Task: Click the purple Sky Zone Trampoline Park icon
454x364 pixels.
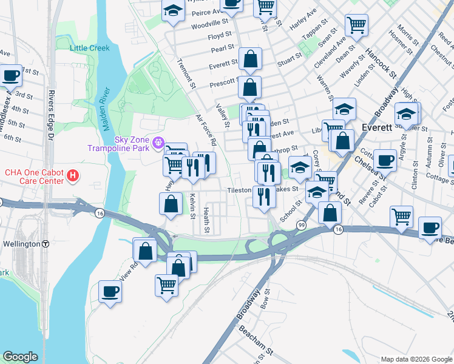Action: click(x=159, y=143)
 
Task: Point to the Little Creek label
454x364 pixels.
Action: click(x=90, y=48)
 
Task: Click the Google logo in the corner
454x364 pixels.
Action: click(x=20, y=357)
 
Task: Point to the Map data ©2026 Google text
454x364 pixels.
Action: click(x=416, y=359)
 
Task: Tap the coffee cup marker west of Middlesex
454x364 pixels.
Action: click(x=11, y=76)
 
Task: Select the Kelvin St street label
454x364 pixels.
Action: click(x=192, y=206)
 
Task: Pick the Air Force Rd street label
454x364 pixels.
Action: click(x=206, y=131)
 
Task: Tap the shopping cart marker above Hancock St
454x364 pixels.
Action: click(x=356, y=25)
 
